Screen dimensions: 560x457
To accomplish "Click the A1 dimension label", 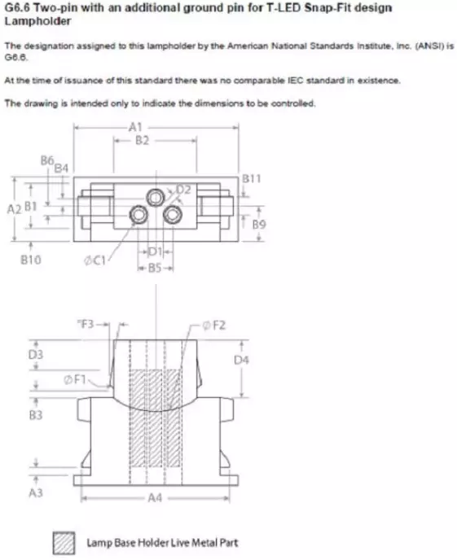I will click(x=135, y=127).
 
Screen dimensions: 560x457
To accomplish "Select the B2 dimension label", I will click(x=142, y=141).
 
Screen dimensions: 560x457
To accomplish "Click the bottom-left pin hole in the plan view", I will click(x=139, y=213).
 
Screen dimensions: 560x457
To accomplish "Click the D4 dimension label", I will click(x=240, y=359).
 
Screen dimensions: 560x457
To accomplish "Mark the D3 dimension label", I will click(x=35, y=355).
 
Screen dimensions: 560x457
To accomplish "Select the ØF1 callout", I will click(x=74, y=379).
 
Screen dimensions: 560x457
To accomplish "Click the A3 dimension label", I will click(x=35, y=493).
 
